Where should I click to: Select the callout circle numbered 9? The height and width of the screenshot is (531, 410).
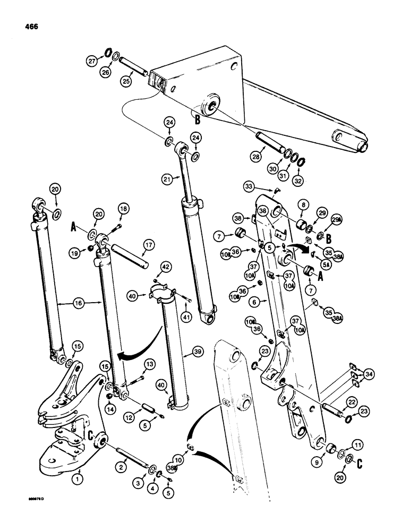tap(319, 452)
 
